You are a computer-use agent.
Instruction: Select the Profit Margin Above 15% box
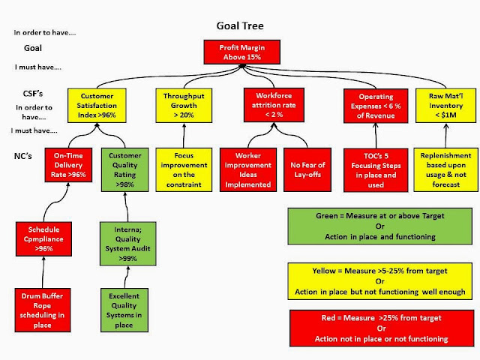pyautogui.click(x=239, y=52)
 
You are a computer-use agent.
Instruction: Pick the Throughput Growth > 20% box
pyautogui.click(x=184, y=106)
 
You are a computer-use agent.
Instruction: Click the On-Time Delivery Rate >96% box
pyautogui.click(x=69, y=166)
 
